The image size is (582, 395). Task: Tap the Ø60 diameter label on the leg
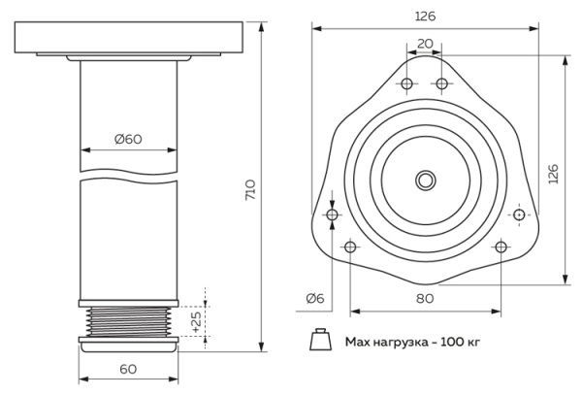tap(128, 139)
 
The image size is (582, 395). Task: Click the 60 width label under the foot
tap(127, 369)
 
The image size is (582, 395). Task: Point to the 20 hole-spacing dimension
tap(425, 44)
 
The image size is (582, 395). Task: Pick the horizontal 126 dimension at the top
tap(425, 16)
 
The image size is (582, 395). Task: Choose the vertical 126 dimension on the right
tap(553, 173)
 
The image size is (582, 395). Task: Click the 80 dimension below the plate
tap(425, 298)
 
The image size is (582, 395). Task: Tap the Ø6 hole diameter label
tap(314, 298)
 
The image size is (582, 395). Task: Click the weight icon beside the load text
tap(317, 341)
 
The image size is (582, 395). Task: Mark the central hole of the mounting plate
tap(425, 181)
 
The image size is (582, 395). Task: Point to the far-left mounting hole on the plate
tap(333, 214)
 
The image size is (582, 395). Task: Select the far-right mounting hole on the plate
tap(519, 214)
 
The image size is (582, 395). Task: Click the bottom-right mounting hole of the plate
tap(501, 247)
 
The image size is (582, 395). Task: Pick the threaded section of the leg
tap(128, 320)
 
